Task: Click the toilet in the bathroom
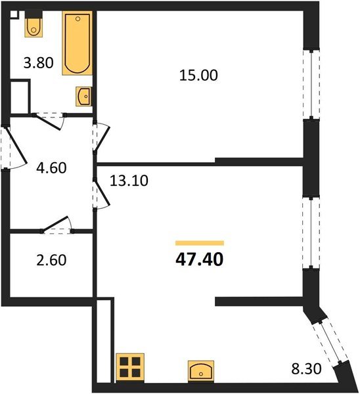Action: pos(34,26)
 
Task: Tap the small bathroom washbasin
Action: pos(84,97)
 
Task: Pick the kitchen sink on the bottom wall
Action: pos(200,371)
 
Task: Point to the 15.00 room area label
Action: pos(198,76)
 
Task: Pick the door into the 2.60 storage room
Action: pos(56,227)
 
